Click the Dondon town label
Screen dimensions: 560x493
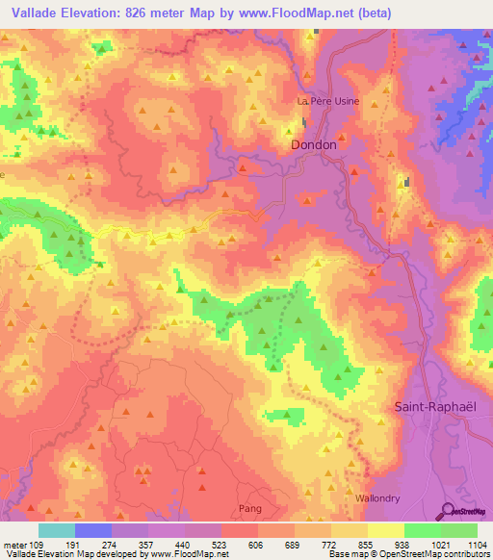pos(314,144)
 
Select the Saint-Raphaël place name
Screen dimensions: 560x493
pos(435,407)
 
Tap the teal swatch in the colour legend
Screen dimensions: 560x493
pos(57,530)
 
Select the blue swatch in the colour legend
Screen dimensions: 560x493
pos(93,530)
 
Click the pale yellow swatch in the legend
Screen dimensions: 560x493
pos(386,530)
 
